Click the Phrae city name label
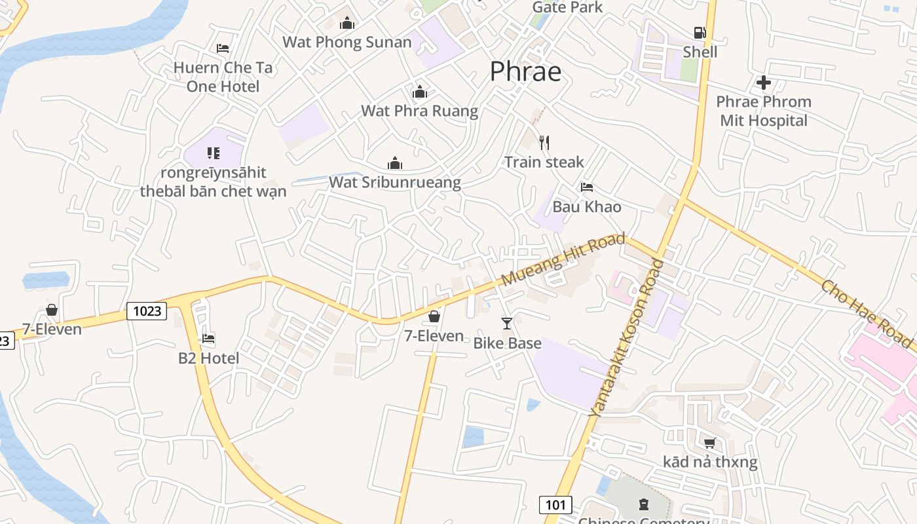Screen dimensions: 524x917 click(525, 71)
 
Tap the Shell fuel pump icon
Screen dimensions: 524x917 click(700, 32)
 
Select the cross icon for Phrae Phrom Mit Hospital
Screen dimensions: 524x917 click(763, 83)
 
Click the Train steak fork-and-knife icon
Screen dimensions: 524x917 click(544, 142)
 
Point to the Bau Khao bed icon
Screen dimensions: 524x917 click(587, 187)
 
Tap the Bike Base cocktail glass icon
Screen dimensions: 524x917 click(507, 323)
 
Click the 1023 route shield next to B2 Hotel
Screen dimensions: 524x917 click(147, 310)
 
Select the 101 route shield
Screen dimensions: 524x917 click(555, 504)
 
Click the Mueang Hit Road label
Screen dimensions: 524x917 click(563, 260)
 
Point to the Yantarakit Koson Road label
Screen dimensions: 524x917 click(627, 339)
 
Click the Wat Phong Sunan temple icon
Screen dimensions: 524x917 click(347, 24)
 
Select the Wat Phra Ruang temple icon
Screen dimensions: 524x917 click(420, 92)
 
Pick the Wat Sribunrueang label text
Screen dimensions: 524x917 click(395, 182)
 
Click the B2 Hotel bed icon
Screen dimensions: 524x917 click(208, 339)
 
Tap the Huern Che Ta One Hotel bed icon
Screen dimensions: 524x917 click(223, 48)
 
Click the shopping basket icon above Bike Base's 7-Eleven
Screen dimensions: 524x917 click(434, 317)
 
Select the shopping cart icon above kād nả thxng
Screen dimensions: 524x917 click(709, 443)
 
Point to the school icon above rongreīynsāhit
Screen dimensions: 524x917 click(213, 153)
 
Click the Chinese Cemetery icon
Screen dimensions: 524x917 click(643, 504)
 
